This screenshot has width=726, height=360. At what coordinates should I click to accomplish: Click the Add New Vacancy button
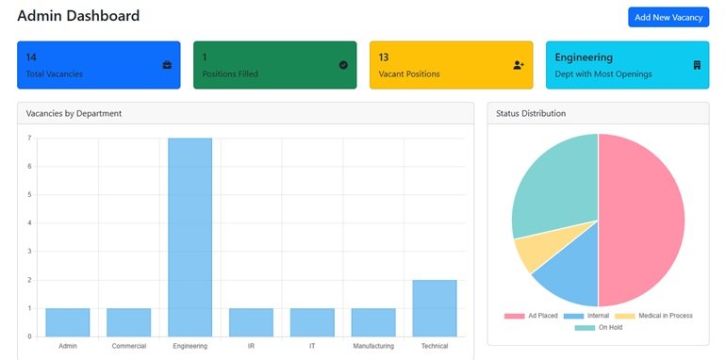pos(668,17)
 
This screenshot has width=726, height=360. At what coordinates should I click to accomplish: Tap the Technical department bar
pos(434,308)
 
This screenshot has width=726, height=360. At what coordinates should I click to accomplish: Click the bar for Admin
pos(67,322)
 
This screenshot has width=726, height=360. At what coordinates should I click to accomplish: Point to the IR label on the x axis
pos(251,347)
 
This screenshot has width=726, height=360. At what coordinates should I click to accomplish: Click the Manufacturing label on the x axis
pos(373,347)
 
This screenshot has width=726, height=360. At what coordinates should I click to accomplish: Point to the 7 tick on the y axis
pos(29,139)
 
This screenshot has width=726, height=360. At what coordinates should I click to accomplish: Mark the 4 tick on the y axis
pos(29,223)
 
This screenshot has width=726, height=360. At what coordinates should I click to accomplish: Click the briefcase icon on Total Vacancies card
pos(167,65)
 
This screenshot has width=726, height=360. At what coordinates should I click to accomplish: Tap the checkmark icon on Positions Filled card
pos(343,65)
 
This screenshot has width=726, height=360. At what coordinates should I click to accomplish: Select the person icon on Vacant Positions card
pos(519,65)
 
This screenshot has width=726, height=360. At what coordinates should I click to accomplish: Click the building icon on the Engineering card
pos(696,65)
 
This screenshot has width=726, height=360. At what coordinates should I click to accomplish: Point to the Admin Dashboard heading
pos(78,16)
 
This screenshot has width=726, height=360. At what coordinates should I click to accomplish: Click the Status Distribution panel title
pos(531,113)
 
